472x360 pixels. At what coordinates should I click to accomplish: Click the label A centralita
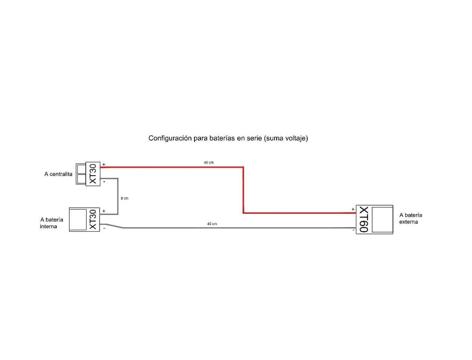click(x=58, y=174)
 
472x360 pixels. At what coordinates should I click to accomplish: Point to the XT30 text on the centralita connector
click(x=93, y=174)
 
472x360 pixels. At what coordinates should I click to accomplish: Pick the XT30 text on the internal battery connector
click(x=93, y=219)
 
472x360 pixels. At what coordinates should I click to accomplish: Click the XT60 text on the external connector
click(x=364, y=220)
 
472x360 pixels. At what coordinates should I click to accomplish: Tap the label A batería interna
click(x=52, y=223)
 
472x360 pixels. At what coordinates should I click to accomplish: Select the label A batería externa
click(x=411, y=218)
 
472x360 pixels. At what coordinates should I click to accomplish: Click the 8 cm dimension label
click(x=125, y=198)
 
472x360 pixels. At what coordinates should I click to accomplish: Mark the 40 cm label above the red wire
click(x=208, y=163)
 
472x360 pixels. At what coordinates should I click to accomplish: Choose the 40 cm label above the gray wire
click(x=212, y=224)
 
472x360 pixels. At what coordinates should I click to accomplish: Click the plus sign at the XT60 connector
click(x=353, y=209)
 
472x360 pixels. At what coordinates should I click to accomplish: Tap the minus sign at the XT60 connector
click(x=353, y=229)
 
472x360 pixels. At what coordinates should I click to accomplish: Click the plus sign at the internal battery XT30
click(x=104, y=211)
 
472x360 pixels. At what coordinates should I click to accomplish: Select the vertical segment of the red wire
click(x=243, y=190)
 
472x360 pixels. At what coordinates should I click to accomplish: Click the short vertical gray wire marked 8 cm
click(x=118, y=196)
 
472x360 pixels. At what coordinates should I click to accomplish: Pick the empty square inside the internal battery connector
click(x=78, y=219)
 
